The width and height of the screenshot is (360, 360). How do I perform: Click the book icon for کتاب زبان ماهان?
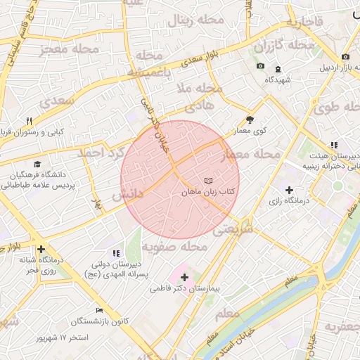point(207,181)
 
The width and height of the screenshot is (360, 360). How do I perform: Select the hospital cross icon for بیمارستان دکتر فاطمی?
point(185,277)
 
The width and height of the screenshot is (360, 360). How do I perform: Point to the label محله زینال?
point(195,20)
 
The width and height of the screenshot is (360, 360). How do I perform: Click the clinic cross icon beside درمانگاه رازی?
point(290,190)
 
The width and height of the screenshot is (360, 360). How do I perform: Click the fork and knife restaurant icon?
point(29,121)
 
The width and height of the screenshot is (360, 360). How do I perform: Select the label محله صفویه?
point(174,247)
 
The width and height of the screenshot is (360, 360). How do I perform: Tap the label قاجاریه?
point(304,22)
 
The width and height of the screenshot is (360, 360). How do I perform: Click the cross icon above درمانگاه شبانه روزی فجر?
point(41,249)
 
